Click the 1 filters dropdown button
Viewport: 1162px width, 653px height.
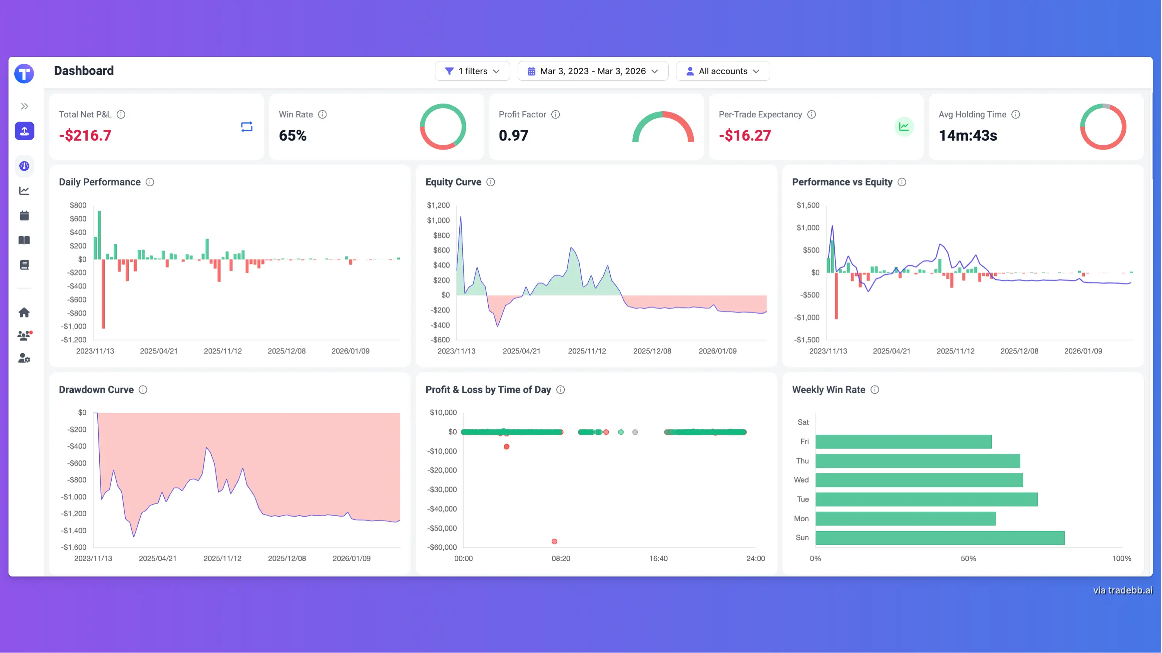(x=472, y=71)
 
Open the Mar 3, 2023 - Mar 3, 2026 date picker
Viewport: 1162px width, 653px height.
(x=592, y=71)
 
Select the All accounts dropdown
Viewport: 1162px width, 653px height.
(x=723, y=71)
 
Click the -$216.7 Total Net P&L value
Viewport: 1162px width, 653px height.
(x=85, y=135)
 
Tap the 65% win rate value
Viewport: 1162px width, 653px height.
(x=292, y=135)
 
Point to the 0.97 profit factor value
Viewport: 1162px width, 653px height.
(x=513, y=135)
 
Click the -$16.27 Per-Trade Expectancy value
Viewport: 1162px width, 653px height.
(x=745, y=135)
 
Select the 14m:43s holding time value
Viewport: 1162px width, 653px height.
(x=968, y=135)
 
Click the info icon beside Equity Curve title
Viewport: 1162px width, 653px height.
(x=491, y=182)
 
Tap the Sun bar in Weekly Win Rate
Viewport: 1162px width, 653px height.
(x=939, y=538)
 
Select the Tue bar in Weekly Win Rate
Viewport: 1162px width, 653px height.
(x=926, y=499)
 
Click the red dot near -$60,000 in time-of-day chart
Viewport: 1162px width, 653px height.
(x=554, y=541)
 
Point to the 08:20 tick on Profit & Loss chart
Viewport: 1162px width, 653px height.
(x=561, y=558)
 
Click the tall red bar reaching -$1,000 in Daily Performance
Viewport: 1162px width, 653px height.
(x=103, y=293)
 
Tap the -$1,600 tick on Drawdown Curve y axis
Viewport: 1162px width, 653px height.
(x=75, y=547)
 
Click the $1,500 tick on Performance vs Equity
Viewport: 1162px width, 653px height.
(x=808, y=205)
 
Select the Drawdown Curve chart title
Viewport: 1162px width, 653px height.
(x=96, y=389)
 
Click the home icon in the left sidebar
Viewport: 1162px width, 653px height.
(x=24, y=312)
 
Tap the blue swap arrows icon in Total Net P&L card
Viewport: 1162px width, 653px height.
(x=247, y=127)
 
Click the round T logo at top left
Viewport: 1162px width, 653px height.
(x=24, y=73)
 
